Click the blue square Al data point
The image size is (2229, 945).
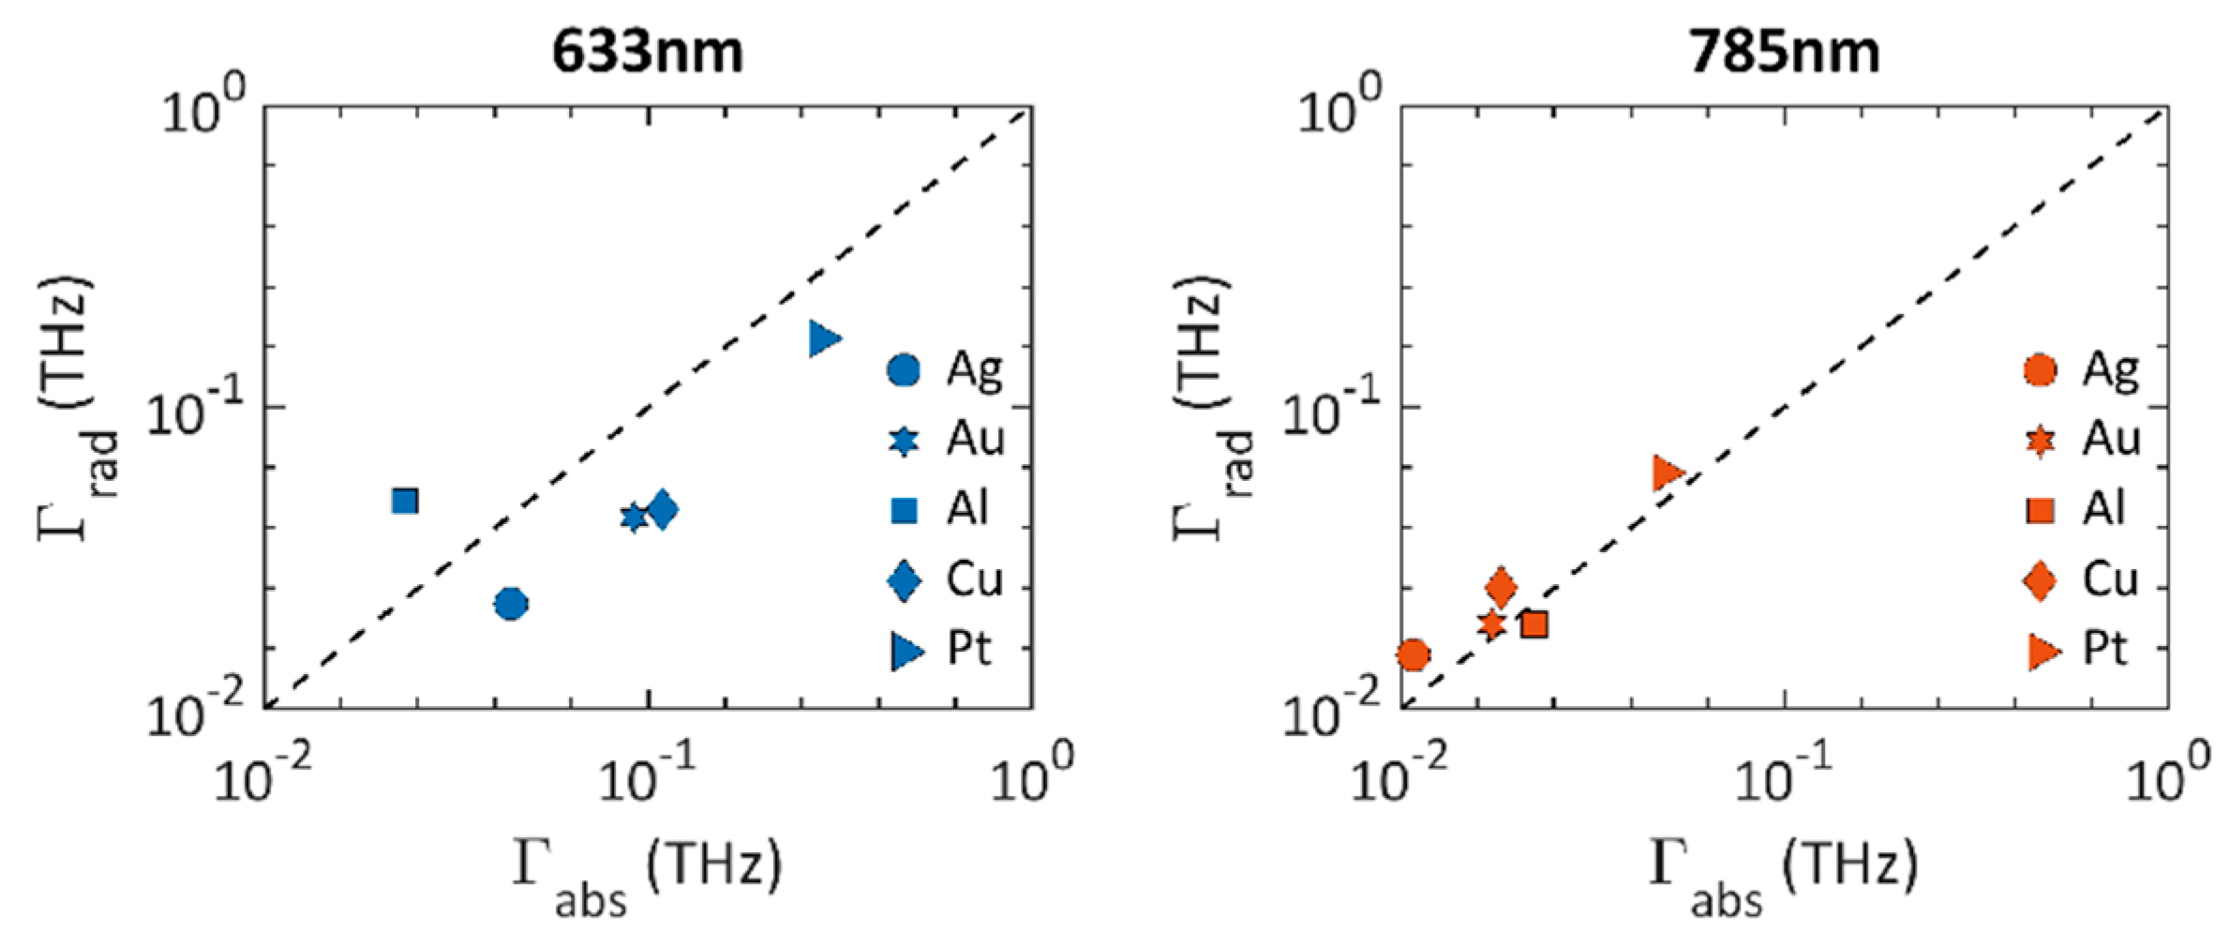point(405,502)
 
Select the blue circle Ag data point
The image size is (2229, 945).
point(511,604)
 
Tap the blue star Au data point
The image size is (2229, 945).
point(634,517)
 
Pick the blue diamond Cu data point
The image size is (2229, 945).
point(663,510)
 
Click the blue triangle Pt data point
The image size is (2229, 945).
point(824,338)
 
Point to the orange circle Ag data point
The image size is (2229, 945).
point(1414,655)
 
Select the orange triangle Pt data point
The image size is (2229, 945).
point(1667,473)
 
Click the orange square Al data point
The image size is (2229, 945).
point(1533,624)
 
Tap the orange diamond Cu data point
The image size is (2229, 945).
point(1501,589)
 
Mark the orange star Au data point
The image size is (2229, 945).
point(1492,623)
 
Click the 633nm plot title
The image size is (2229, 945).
point(647,51)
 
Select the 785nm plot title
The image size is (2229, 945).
point(1784,51)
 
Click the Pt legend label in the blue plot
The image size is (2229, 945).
point(969,649)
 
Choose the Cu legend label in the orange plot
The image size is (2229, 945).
point(2109,580)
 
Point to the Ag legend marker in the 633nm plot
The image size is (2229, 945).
point(904,370)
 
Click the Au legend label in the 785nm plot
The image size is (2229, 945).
point(2111,439)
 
